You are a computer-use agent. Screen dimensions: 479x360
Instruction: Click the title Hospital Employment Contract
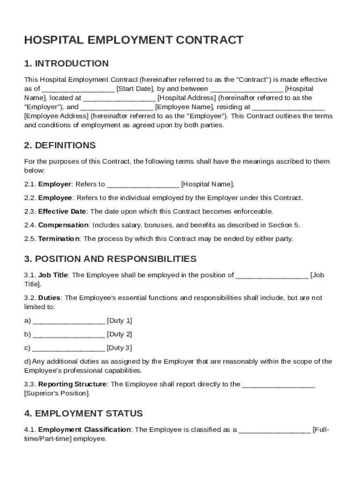click(134, 40)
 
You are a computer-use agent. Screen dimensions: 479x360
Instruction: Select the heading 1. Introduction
click(66, 64)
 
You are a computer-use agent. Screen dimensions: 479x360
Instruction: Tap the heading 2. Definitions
click(60, 145)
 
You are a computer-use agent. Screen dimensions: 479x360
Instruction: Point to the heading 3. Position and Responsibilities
click(110, 259)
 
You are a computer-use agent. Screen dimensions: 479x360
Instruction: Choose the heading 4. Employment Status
click(84, 414)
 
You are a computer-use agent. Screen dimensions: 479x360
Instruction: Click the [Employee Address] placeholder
click(56, 116)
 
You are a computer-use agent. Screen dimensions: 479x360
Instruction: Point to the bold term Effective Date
click(62, 211)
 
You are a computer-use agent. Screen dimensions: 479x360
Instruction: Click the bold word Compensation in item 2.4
click(63, 225)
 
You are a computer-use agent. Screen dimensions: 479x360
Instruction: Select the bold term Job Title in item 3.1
click(53, 275)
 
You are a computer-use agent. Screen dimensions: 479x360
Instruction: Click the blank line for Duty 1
click(69, 321)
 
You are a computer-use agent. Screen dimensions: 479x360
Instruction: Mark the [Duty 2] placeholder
click(119, 334)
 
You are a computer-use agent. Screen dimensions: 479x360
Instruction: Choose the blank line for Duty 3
click(69, 348)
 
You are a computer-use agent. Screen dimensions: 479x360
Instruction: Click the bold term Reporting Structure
click(72, 385)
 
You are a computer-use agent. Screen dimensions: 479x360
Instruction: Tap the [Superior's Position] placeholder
click(57, 393)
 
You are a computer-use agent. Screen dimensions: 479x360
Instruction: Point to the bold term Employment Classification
click(84, 430)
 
